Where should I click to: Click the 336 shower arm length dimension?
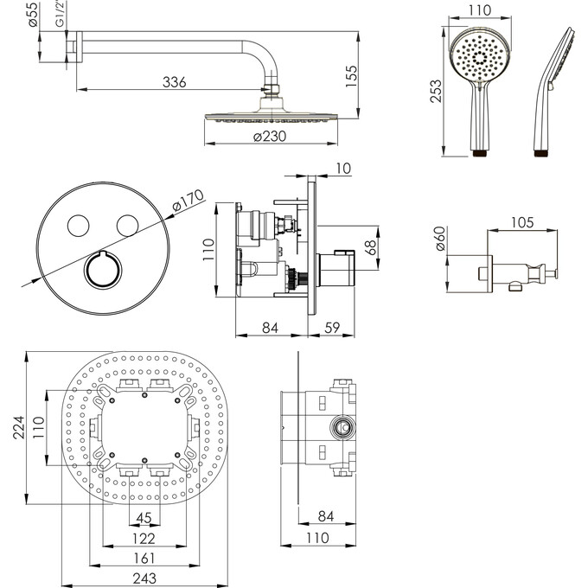(176, 82)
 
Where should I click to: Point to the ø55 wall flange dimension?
(32, 15)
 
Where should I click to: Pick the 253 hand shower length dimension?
(437, 89)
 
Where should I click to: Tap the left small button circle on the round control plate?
(78, 225)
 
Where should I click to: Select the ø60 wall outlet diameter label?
(440, 240)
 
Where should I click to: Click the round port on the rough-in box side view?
(344, 427)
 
